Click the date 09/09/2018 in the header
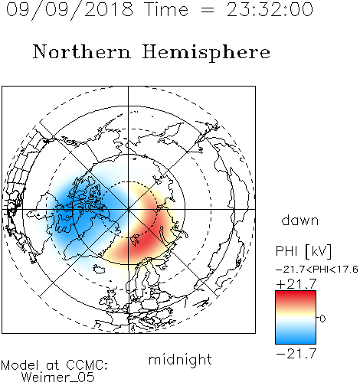pos(70,9)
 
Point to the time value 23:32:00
pos(270,9)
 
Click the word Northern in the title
pos(82,51)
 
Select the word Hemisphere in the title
pos(206,52)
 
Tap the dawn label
pos(300,220)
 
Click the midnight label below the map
pos(180,360)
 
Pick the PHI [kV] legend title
pos(303,251)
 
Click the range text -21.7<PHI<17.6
pos(317,270)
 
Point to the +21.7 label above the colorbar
pos(296,284)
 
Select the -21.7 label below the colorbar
pos(296,354)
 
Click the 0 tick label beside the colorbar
pos(322,319)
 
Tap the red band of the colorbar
pos(296,297)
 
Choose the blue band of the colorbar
pos(296,335)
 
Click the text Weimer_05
pos(58,377)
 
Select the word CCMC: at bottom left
pos(87,365)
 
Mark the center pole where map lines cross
pos(128,209)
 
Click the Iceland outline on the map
pos(99,269)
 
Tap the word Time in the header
pos(166,9)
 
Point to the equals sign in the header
pos(208,10)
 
